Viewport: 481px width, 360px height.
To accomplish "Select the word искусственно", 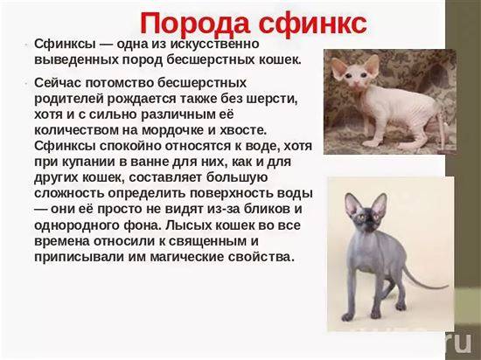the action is [x=215, y=44].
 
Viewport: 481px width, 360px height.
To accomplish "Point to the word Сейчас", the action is [x=58, y=83].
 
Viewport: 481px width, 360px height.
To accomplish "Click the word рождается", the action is [x=142, y=99].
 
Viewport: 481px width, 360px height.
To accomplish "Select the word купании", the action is [x=88, y=162].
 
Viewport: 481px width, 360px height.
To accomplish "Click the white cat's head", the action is [x=355, y=71].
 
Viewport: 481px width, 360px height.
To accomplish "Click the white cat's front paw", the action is [x=372, y=143].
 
